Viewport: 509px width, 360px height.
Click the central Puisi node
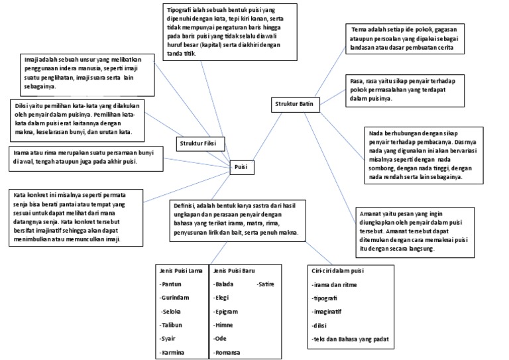[241, 168]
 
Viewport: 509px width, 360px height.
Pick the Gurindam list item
[175, 298]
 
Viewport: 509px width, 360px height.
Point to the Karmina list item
[174, 353]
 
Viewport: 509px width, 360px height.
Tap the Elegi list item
[222, 298]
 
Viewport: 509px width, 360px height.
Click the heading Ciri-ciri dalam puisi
[338, 270]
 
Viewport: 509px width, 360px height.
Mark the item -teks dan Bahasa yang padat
[351, 339]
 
